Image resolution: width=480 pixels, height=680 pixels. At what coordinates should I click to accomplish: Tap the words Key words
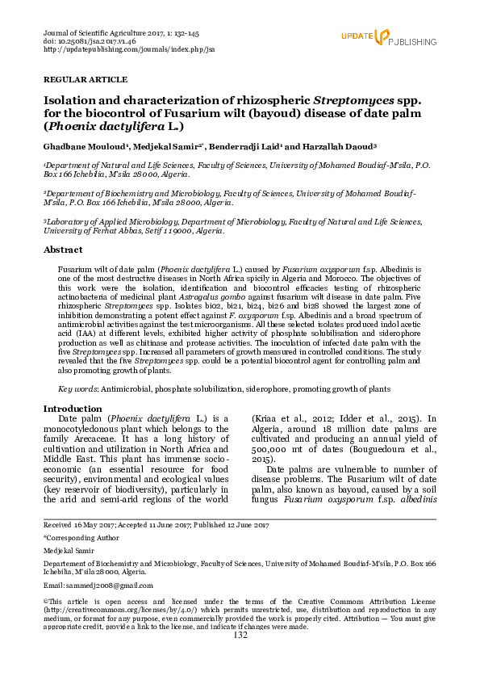[x=78, y=388]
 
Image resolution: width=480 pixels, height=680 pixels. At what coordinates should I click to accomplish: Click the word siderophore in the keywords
[x=255, y=388]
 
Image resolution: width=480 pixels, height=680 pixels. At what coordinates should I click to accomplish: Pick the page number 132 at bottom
[x=240, y=636]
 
